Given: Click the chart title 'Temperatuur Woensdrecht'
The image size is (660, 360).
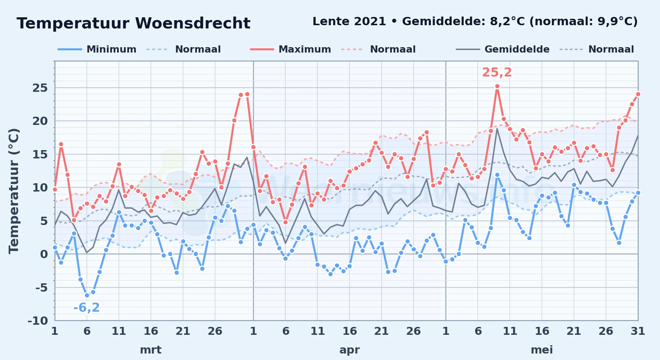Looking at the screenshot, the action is pos(133,23).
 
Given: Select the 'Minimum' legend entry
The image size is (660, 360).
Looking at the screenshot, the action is pos(97,49).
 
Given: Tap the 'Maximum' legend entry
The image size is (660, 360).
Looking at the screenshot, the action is pos(290,49).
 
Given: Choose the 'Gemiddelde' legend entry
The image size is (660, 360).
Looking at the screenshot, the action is pos(503,49).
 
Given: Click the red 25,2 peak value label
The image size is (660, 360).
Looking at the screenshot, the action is pos(497,72).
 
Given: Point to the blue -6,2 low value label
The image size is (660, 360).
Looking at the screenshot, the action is pos(86,307).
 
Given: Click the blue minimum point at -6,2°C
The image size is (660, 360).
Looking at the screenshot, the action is pos(87,295).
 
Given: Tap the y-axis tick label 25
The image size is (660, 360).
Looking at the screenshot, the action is pos(40,88).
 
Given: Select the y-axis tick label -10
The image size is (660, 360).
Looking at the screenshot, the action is pos(38,321).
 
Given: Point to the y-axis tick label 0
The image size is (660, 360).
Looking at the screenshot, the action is pos(44,254).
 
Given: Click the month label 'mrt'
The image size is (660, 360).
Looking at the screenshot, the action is pos(151,350).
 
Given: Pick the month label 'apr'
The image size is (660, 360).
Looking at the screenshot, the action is pos(349,350).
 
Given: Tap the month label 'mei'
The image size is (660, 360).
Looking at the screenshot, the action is pos(542,350).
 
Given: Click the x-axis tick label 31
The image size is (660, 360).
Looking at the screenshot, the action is pos(638,331).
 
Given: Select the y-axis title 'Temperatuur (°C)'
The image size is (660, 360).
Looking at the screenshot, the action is pos(14,191).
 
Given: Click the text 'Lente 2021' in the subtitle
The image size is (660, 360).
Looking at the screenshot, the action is pos(349,22).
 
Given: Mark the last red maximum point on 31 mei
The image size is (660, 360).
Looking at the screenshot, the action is pos(638,94).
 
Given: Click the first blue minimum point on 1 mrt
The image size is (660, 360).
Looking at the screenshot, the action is pos(55,247).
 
